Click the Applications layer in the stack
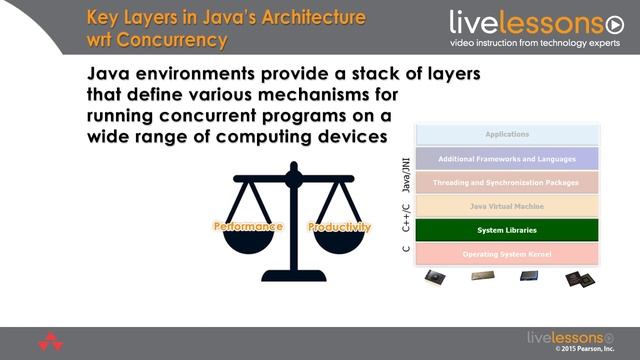click(x=506, y=134)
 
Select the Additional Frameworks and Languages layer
click(x=506, y=158)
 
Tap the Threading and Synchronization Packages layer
click(x=506, y=183)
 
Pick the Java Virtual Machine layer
click(x=506, y=206)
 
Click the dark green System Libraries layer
click(x=506, y=230)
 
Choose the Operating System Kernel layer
click(x=506, y=254)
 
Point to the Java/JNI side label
click(x=406, y=173)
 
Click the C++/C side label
click(x=406, y=219)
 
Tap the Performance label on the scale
click(x=249, y=226)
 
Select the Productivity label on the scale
click(x=338, y=226)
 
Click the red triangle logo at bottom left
click(x=50, y=342)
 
